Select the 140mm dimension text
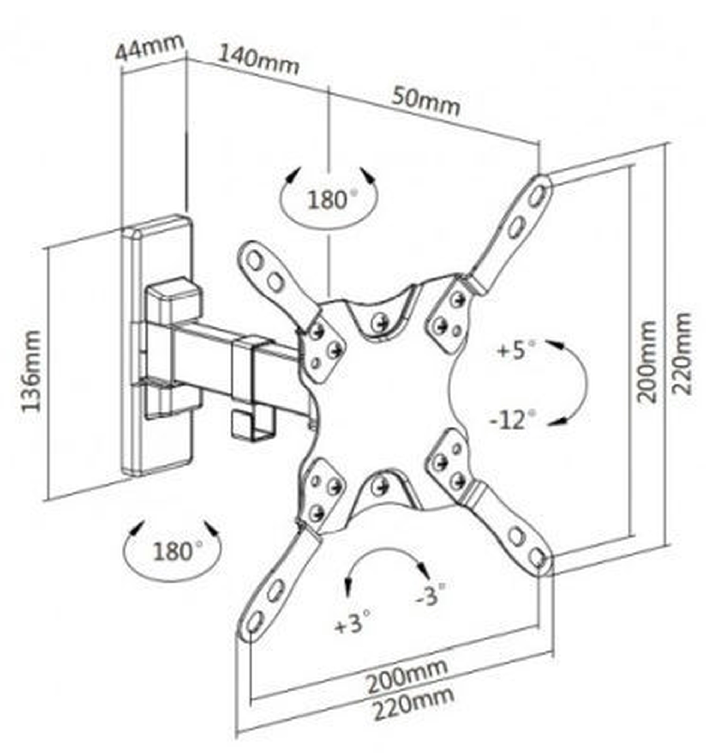pos(258,60)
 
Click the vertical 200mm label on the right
pos(646,362)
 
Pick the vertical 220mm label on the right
pos(682,354)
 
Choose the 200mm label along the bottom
pos(406,677)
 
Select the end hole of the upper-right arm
pos(537,196)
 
